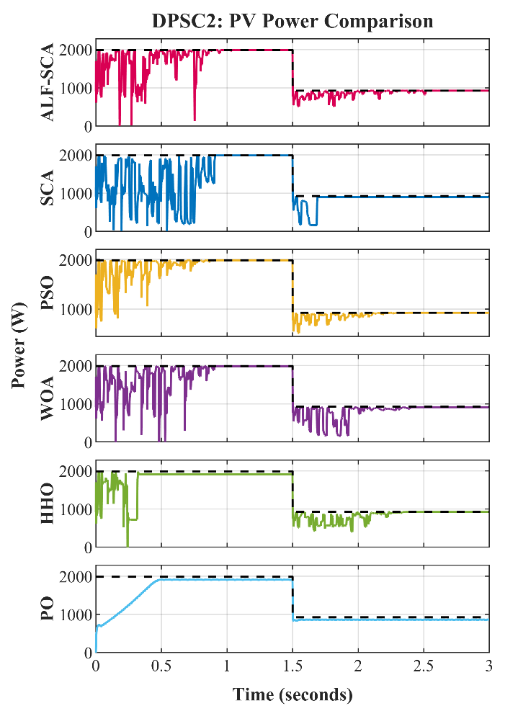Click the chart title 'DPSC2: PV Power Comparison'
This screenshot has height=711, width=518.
coord(293,21)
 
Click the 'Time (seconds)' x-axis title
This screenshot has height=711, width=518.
coord(293,694)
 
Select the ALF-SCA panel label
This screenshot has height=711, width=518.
coord(47,82)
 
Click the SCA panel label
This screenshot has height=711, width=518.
coord(47,188)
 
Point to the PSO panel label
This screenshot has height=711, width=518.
coord(47,293)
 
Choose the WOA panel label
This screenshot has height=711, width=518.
coord(47,398)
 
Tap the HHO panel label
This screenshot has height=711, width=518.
coord(47,504)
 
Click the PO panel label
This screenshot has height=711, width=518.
coord(47,609)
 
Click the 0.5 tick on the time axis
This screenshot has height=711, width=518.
coord(161,666)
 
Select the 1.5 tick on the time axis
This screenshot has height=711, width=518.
coord(293,666)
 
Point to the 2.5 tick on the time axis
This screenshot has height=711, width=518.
coord(424,666)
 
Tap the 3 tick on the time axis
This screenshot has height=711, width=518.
coord(489,666)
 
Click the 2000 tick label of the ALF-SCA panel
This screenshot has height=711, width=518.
coord(76,50)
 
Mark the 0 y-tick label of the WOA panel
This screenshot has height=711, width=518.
coord(88,442)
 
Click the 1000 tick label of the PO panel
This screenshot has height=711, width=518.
coord(76,615)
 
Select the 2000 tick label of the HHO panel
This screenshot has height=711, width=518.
coord(76,472)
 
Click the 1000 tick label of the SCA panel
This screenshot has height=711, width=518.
coord(76,194)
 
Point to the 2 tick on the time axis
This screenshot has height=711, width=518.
coord(358,666)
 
